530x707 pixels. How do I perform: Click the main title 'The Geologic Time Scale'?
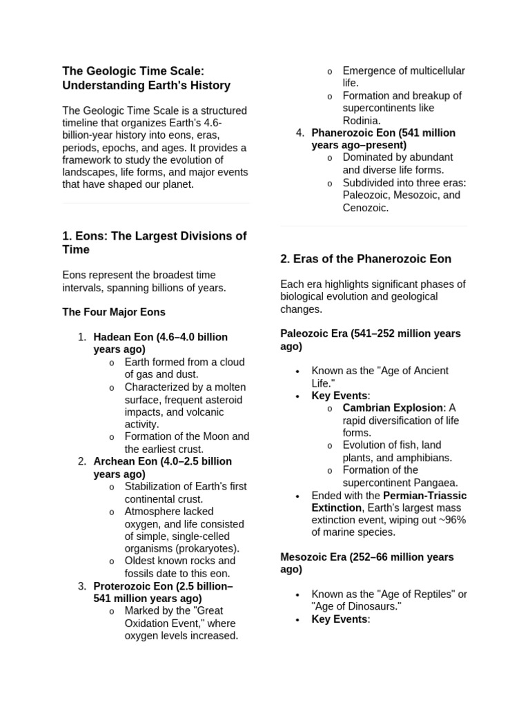[133, 71]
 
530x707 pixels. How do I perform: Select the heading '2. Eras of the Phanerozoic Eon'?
[366, 259]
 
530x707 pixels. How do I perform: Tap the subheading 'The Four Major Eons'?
[114, 312]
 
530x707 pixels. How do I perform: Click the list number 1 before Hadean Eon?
[81, 337]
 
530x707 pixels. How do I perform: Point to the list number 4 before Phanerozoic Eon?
[300, 133]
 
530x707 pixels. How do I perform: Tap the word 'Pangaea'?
[435, 483]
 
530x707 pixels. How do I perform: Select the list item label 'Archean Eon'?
[125, 461]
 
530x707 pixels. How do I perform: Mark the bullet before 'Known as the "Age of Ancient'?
[297, 371]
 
